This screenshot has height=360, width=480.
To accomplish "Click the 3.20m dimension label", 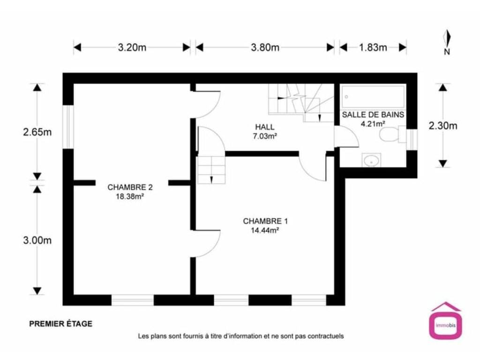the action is [x=132, y=47].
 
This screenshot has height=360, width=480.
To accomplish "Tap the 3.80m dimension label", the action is [x=265, y=47].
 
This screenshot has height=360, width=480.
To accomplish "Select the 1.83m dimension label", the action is [x=373, y=47].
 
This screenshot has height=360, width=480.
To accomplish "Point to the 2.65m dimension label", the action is [x=37, y=132].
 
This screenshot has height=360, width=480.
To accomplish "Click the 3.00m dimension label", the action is [x=37, y=240].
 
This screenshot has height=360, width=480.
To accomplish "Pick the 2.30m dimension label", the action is [x=443, y=126].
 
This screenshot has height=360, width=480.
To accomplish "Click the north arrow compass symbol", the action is [x=447, y=42].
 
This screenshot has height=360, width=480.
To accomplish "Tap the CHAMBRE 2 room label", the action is [x=130, y=187].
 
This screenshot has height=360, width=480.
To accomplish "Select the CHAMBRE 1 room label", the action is [x=265, y=221].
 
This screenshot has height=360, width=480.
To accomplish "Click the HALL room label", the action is [x=265, y=127].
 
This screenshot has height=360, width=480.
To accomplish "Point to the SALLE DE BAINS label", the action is [x=373, y=115].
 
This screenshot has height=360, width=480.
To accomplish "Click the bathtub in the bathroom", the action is [x=373, y=97].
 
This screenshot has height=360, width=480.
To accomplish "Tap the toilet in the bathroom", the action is [x=392, y=135].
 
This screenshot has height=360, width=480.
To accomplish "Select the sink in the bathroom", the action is [x=372, y=160].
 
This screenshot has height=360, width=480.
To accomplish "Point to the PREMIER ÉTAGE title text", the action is [x=60, y=323].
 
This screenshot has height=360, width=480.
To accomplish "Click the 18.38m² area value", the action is [x=130, y=196].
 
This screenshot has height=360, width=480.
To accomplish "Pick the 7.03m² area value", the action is [x=265, y=136].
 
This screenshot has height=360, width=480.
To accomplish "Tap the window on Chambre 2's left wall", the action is [x=68, y=127].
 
